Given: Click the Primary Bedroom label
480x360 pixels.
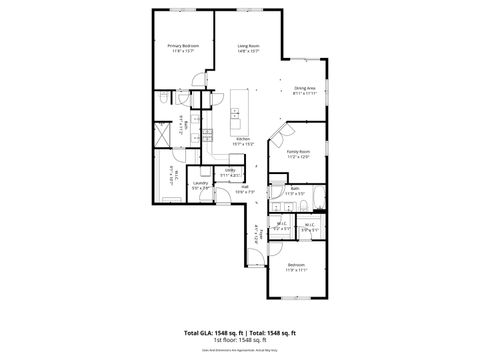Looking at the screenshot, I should coord(182,46).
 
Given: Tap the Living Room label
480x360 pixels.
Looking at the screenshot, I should coord(249,46).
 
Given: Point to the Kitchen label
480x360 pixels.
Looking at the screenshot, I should coord(243,139).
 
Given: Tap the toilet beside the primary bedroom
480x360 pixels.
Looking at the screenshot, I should coord(163,100).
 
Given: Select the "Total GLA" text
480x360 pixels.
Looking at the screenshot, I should coord(199,331).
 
